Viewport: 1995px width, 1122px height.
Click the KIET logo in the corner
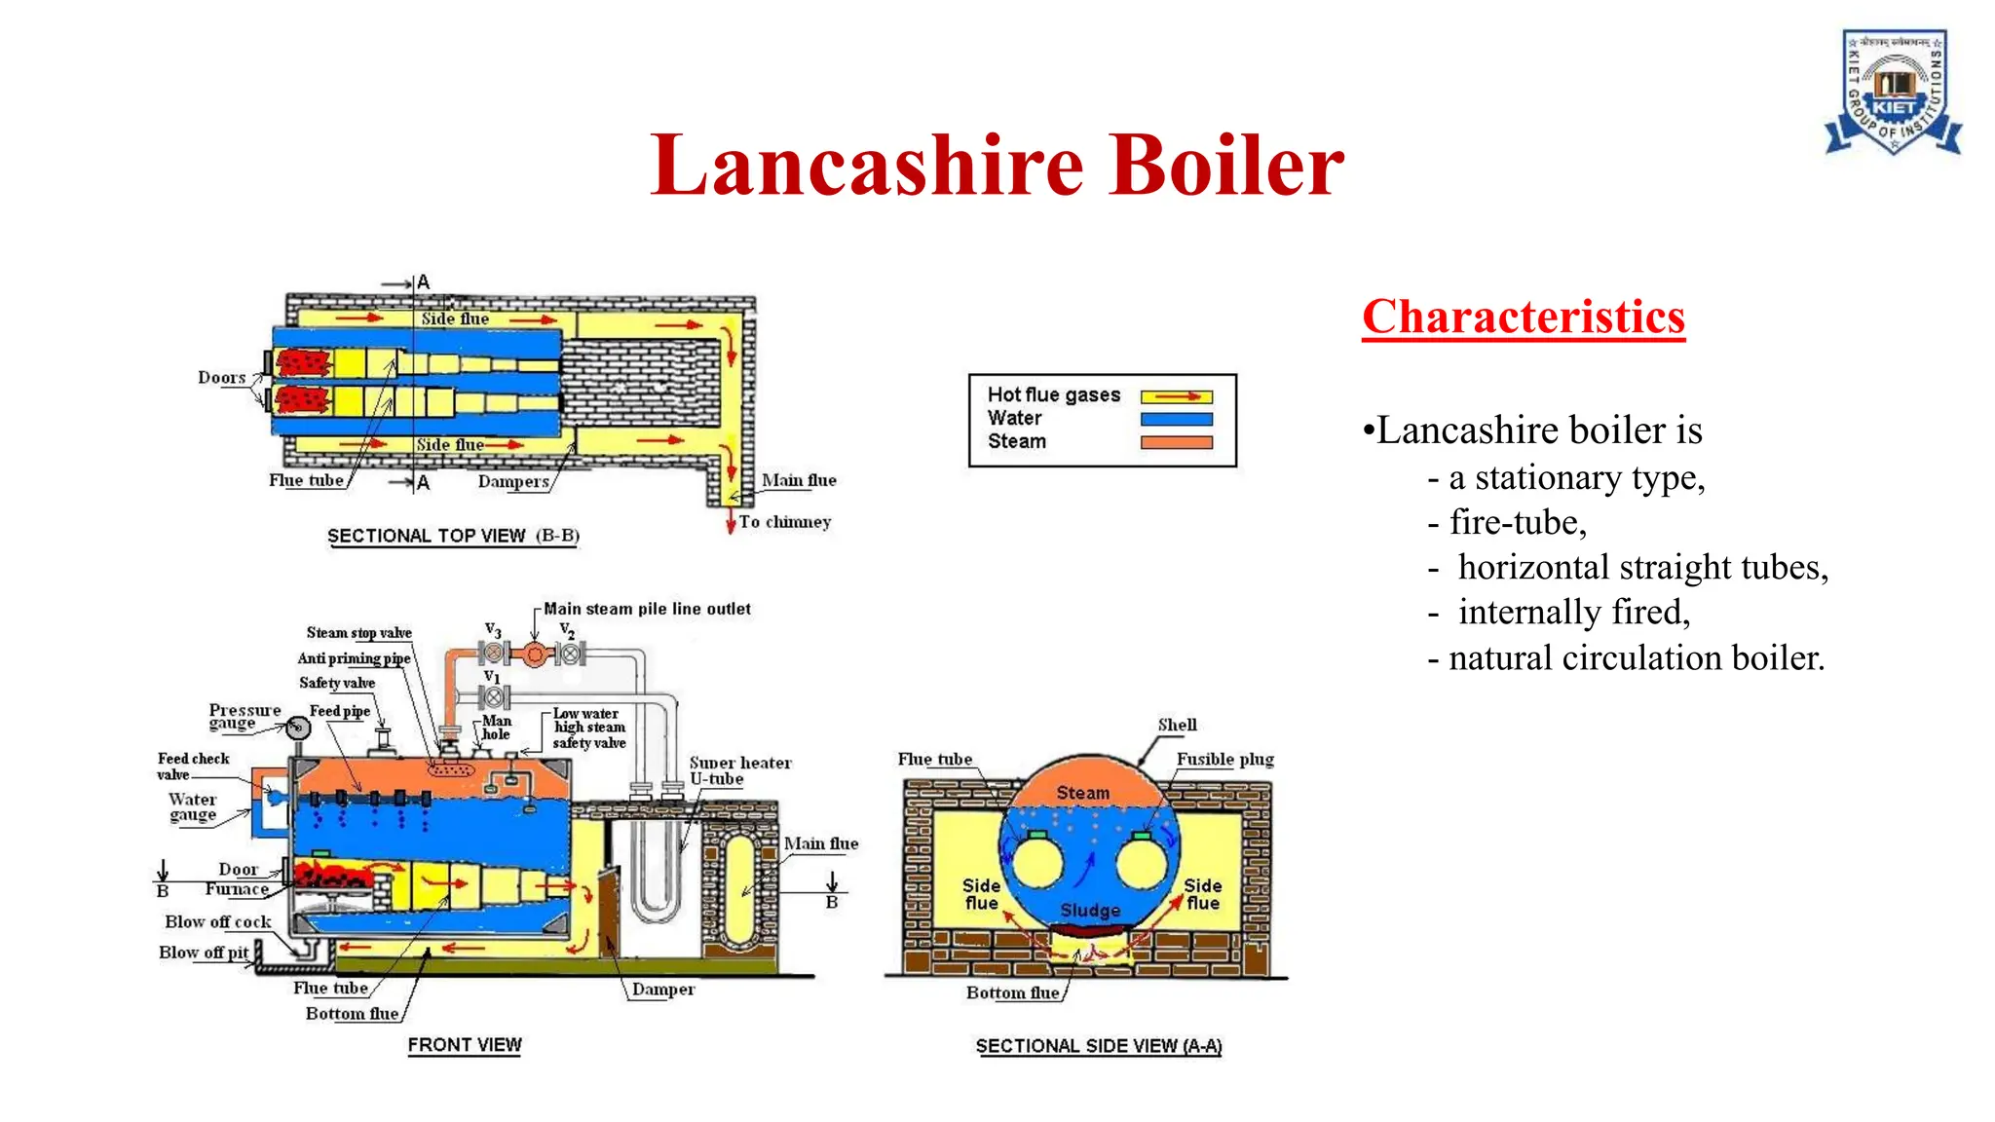click(1893, 93)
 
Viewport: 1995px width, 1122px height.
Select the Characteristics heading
click(1523, 318)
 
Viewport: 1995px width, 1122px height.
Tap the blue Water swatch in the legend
click(1176, 419)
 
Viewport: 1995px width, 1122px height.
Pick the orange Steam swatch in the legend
click(1176, 442)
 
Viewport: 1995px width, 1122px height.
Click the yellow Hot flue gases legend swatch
click(1176, 396)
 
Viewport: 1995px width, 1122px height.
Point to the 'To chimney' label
click(784, 522)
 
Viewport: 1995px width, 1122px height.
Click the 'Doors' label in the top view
click(221, 378)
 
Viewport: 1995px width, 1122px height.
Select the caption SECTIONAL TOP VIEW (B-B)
click(453, 536)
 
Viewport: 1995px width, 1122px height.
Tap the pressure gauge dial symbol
click(298, 728)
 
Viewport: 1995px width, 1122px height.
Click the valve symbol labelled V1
click(494, 697)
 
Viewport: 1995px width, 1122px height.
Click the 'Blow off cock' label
click(217, 921)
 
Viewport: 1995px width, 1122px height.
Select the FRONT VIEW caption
click(465, 1045)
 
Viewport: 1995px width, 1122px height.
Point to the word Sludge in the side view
click(1090, 910)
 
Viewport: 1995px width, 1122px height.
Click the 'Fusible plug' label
click(1224, 759)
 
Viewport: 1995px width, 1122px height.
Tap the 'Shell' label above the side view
click(1177, 725)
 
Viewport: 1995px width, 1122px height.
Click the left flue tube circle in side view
click(1036, 864)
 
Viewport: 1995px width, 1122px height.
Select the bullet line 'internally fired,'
click(1572, 613)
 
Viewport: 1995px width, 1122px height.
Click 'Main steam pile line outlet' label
click(647, 609)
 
